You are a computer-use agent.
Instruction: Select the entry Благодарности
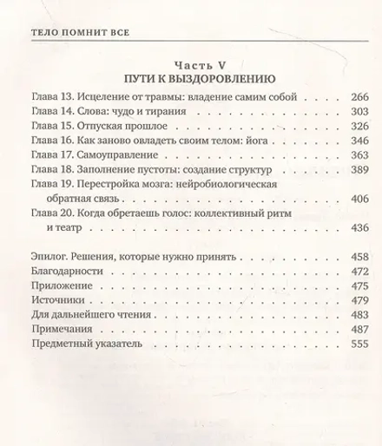pos(65,353)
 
